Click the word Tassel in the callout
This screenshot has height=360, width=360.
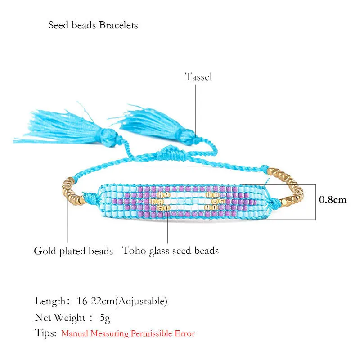(198, 77)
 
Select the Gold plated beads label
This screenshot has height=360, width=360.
(73, 251)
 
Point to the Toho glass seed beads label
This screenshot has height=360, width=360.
(171, 251)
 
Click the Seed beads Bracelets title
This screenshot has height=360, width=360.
(93, 25)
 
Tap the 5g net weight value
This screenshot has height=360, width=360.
(105, 318)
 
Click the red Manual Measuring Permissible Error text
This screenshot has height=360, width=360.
(128, 334)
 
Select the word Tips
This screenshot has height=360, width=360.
(45, 333)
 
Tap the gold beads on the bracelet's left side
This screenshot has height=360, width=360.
(71, 191)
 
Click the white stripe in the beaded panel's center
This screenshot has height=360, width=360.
(184, 201)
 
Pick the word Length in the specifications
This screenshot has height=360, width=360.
(50, 301)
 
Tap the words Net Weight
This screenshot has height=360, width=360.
(60, 318)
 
